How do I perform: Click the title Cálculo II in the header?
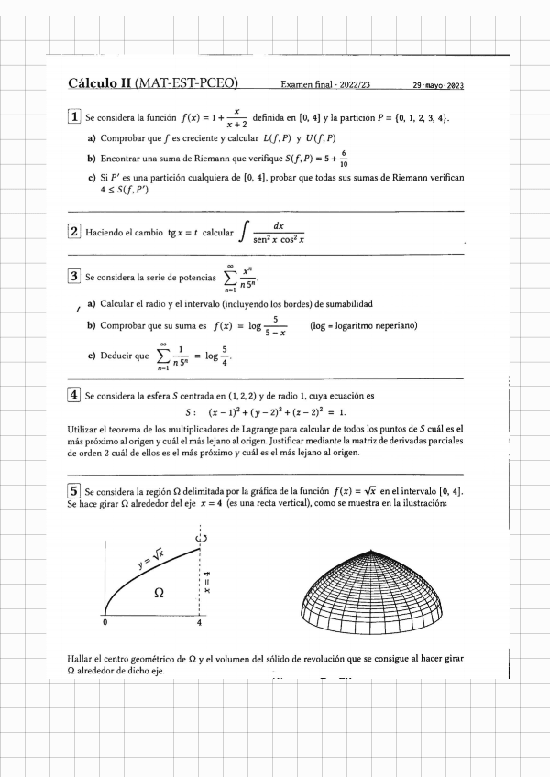pos(100,84)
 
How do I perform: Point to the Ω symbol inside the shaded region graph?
pos(159,593)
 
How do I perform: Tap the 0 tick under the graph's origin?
pos(104,624)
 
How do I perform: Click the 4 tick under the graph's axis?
pos(200,624)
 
